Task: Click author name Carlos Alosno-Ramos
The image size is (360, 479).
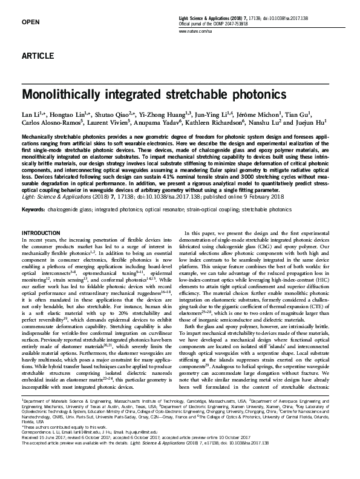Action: tap(50, 124)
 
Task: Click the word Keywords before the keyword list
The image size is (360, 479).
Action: tap(34, 210)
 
